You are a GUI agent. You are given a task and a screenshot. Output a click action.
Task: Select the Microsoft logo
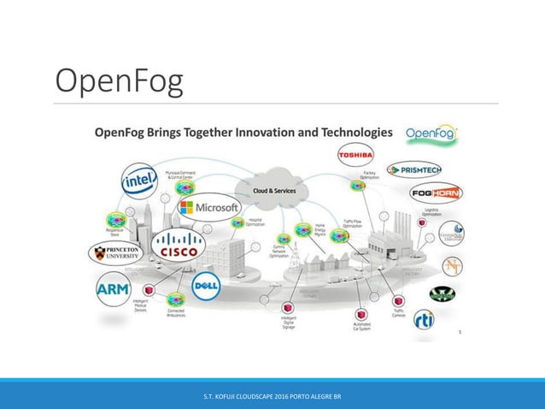[209, 208]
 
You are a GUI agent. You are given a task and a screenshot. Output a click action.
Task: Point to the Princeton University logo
[118, 253]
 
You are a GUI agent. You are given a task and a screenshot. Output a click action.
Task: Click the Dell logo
[207, 289]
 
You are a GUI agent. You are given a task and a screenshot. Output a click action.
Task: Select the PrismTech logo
[413, 170]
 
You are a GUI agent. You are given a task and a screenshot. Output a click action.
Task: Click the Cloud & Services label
[273, 190]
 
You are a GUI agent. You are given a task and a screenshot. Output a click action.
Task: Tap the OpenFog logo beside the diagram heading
[431, 133]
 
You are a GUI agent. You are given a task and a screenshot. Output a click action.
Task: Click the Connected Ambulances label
[176, 315]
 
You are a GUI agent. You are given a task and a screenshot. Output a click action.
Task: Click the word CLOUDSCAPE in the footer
[272, 398]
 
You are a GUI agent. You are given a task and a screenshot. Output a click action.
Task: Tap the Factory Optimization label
[370, 175]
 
